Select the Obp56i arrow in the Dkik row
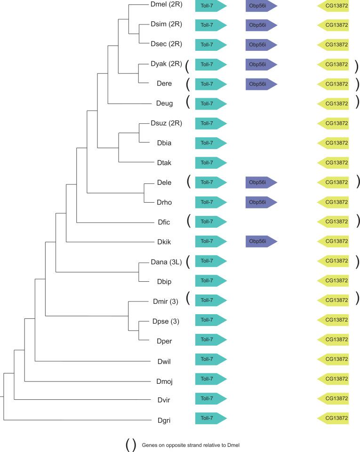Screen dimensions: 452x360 tap(261, 241)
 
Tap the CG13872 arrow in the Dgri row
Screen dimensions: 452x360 tap(334, 418)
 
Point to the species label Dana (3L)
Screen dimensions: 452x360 tap(166, 261)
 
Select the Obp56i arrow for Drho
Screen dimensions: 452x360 tap(261, 202)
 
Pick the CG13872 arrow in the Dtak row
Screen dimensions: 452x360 tap(334, 163)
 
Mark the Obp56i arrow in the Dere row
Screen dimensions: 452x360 tap(261, 84)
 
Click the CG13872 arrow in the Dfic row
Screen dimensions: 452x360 tap(334, 222)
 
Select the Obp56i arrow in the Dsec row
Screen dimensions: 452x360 tap(261, 44)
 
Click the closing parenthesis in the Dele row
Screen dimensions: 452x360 tap(357, 182)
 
